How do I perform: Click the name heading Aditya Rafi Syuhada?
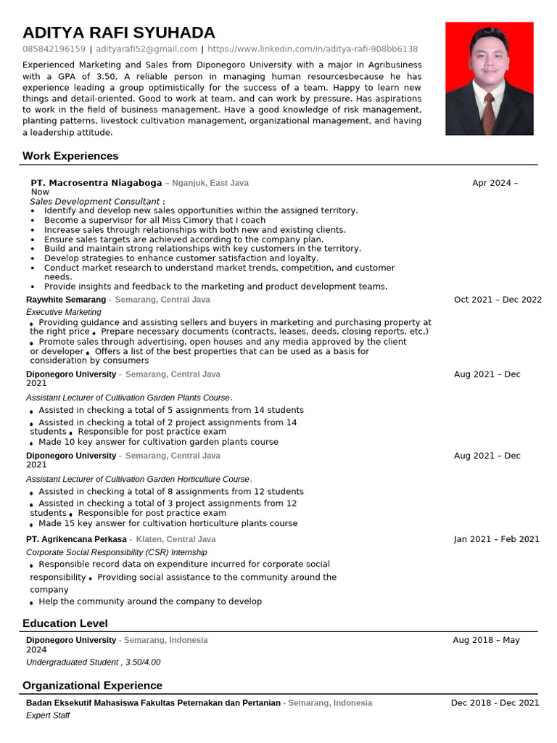[x=119, y=33]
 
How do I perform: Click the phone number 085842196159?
[x=54, y=49]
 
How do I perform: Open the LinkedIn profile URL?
[x=313, y=49]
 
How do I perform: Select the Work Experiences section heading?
[x=70, y=156]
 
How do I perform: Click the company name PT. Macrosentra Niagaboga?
[x=96, y=183]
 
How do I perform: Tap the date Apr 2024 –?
[x=495, y=183]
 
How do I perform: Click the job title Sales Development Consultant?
[x=95, y=201]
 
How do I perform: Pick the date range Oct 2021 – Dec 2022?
[x=498, y=300]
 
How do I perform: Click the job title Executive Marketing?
[x=64, y=312]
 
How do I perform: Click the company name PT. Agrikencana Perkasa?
[x=76, y=539]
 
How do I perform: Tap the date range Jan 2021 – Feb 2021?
[x=497, y=539]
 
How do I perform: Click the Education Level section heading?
[x=65, y=623]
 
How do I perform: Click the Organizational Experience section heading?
[x=92, y=686]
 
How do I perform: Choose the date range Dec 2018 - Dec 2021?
[x=495, y=702]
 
